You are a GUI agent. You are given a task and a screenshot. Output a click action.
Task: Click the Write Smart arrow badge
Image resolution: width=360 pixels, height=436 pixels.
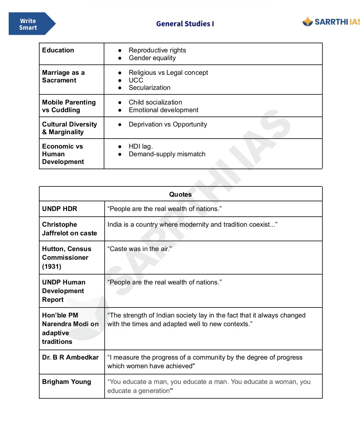pyautogui.click(x=30, y=24)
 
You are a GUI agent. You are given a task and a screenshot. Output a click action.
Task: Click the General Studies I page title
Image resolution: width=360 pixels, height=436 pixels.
pyautogui.click(x=185, y=24)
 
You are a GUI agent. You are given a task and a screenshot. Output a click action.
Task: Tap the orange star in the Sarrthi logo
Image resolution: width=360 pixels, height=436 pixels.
pyautogui.click(x=307, y=22)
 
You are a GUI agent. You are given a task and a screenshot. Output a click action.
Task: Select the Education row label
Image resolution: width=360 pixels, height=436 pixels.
pyautogui.click(x=58, y=50)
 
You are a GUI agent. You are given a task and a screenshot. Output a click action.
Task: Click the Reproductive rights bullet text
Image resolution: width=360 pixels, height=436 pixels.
pyautogui.click(x=157, y=50)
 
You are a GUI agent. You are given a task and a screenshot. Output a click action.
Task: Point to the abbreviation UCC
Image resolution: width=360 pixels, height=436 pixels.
pyautogui.click(x=136, y=80)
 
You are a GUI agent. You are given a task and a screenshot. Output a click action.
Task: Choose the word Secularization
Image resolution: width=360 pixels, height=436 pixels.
pyautogui.click(x=149, y=88)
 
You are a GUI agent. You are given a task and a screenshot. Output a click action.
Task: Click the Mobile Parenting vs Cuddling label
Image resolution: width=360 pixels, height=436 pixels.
pyautogui.click(x=69, y=106)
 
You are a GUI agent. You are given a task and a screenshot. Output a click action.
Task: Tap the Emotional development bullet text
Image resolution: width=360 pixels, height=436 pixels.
pyautogui.click(x=163, y=110)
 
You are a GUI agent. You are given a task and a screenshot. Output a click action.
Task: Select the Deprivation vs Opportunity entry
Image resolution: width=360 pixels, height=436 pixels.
pyautogui.click(x=168, y=125)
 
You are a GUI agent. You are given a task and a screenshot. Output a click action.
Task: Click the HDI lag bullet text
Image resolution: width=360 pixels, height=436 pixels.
pyautogui.click(x=140, y=147)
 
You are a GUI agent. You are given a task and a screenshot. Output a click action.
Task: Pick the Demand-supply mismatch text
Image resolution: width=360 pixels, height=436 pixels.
pyautogui.click(x=167, y=154)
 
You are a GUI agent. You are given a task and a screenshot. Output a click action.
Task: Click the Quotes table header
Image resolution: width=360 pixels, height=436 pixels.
pyautogui.click(x=180, y=194)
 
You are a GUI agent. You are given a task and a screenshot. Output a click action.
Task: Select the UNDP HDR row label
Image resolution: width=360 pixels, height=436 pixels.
pyautogui.click(x=60, y=209)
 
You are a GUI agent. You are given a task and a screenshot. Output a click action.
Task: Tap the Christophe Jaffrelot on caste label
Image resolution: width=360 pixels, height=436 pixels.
pyautogui.click(x=69, y=229)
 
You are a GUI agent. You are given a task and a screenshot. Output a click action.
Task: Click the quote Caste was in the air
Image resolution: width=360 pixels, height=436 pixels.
pyautogui.click(x=139, y=249)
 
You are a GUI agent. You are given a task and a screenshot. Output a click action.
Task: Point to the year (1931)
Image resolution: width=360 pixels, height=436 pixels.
pyautogui.click(x=52, y=267)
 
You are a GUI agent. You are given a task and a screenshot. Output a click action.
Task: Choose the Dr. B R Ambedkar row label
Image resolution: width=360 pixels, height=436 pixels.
pyautogui.click(x=70, y=358)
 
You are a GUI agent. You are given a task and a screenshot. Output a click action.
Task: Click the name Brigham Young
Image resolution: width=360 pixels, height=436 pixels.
pyautogui.click(x=66, y=382)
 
